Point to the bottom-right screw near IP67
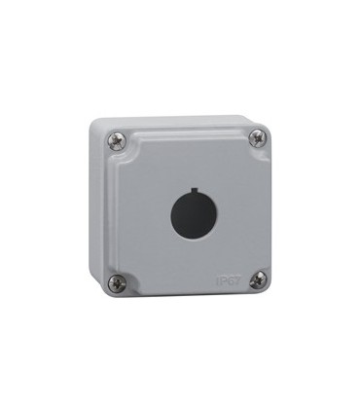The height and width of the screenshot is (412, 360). pyautogui.click(x=257, y=281)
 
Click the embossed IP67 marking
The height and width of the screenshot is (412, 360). pyautogui.click(x=226, y=281)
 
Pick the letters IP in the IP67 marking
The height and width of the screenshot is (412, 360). pyautogui.click(x=219, y=281)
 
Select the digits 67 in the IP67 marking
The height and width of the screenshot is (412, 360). pyautogui.click(x=232, y=281)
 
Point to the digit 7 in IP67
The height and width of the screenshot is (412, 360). pyautogui.click(x=235, y=281)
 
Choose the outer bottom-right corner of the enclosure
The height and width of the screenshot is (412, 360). pyautogui.click(x=269, y=295)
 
